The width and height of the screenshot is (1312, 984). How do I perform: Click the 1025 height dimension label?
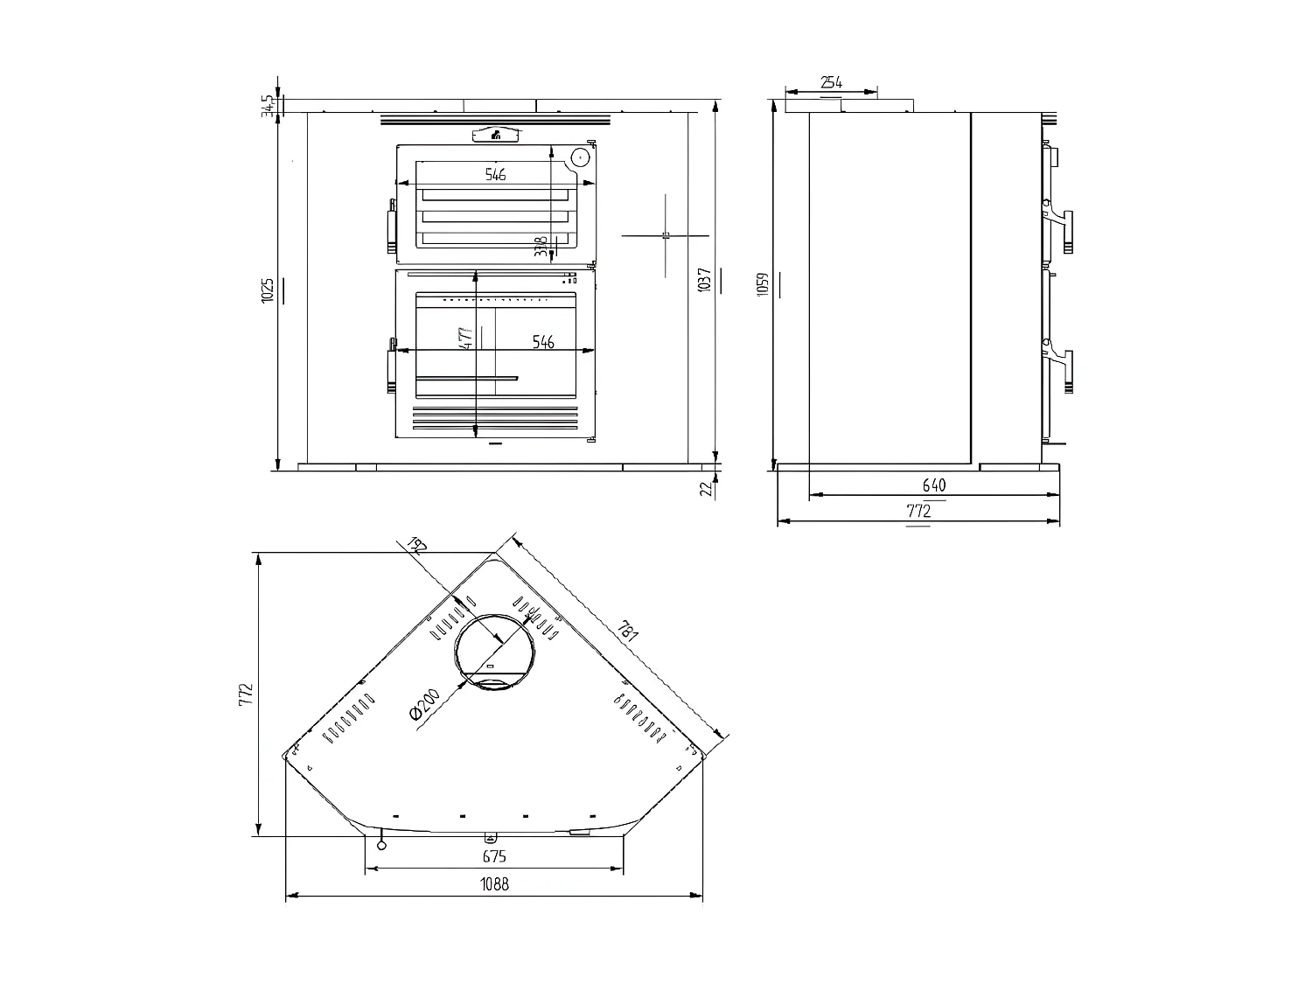[268, 290]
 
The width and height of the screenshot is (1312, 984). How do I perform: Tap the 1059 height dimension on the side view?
[763, 284]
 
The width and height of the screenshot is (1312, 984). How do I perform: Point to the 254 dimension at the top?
[831, 82]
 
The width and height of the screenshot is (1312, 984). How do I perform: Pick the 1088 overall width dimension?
[494, 883]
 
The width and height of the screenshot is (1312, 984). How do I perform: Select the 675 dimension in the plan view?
[494, 856]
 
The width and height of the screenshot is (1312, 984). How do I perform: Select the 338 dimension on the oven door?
[541, 246]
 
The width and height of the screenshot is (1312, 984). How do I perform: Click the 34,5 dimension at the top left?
[266, 106]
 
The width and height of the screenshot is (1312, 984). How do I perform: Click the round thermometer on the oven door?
[579, 158]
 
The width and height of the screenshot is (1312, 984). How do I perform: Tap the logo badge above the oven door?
[496, 135]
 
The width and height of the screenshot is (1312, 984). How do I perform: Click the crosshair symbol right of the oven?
[666, 235]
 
